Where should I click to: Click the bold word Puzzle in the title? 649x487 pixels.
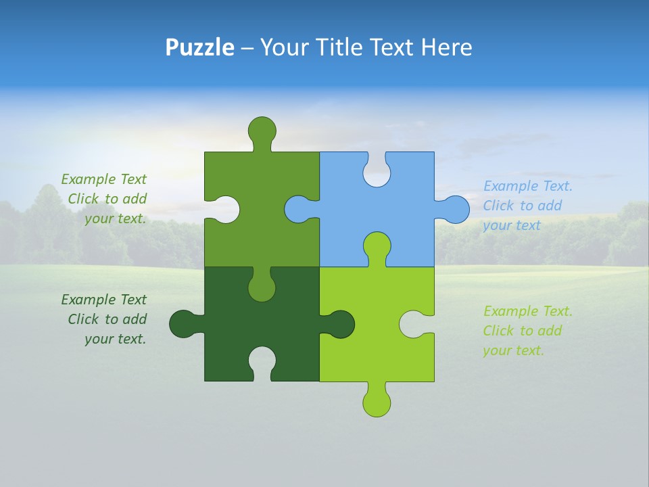coord(200,47)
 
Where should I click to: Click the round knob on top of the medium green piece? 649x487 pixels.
coord(262,130)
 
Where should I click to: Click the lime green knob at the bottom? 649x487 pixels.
coord(377,402)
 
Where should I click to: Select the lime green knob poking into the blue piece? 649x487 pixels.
coord(377,246)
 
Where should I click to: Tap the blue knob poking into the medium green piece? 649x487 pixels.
coord(298,209)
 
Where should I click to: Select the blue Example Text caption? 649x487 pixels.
coord(527,206)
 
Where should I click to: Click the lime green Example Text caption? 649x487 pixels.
coord(527,331)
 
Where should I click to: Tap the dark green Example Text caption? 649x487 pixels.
coord(104,319)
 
